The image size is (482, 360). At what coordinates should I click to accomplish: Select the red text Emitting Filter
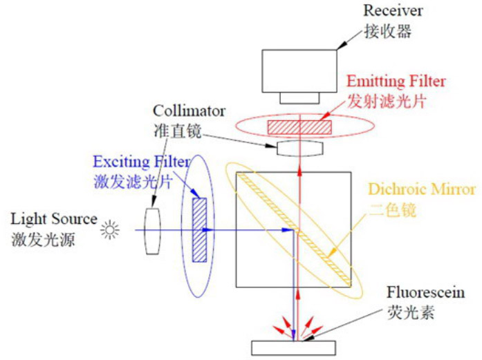click(396, 81)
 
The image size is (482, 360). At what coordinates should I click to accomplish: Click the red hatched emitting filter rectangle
click(299, 126)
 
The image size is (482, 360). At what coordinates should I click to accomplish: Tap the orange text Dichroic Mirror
click(421, 189)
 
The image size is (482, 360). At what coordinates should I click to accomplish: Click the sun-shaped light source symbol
click(109, 230)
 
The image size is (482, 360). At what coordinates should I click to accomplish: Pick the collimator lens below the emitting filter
click(299, 148)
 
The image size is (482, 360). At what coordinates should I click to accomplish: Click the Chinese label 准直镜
click(170, 130)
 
